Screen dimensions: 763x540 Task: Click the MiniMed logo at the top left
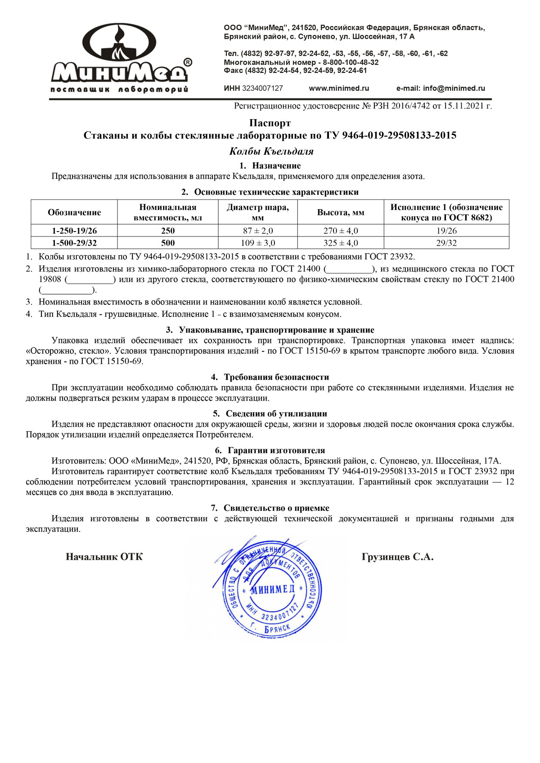(119, 58)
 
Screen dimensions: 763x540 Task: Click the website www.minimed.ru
(339, 89)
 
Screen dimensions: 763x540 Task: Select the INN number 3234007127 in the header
(262, 89)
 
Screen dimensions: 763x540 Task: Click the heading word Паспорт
(270, 123)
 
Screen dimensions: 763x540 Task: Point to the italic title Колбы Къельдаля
(271, 152)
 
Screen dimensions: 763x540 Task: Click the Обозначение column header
(74, 213)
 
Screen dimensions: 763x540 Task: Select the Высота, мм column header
(341, 213)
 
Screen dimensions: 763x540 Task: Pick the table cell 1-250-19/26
(74, 231)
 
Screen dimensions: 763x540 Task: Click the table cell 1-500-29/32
(74, 243)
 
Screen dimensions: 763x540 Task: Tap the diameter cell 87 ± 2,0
(258, 231)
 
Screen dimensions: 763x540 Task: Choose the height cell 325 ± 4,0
(341, 243)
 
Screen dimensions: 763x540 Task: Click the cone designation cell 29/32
(446, 243)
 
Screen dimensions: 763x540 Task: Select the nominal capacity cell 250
(168, 231)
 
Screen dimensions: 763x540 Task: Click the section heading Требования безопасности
(276, 377)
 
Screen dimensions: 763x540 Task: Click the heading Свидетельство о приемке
(276, 508)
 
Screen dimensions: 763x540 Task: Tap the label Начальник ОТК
(104, 557)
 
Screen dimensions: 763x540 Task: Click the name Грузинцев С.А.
(397, 557)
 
